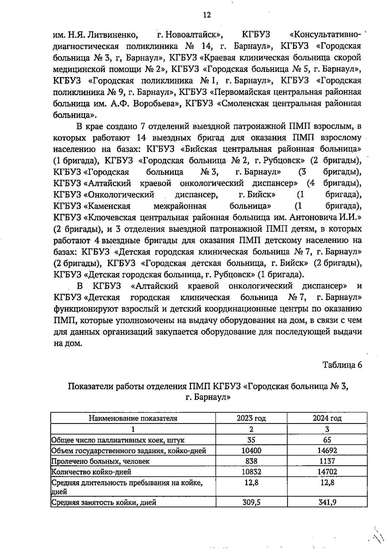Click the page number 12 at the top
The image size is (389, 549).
[x=206, y=15]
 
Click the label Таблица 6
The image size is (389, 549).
[x=342, y=365]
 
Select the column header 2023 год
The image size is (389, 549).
[x=251, y=418]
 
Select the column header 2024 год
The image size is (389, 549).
[x=327, y=418]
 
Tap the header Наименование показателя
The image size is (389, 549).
[x=133, y=418]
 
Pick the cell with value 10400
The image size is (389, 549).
[x=251, y=450]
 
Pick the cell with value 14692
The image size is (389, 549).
[x=327, y=450]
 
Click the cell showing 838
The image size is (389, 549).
[x=251, y=461]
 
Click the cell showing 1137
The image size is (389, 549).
[x=327, y=461]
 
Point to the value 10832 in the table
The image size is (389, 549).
[x=251, y=472]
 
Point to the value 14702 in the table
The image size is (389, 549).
[x=327, y=472]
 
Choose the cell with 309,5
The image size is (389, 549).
[x=251, y=502]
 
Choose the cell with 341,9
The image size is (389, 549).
[x=327, y=502]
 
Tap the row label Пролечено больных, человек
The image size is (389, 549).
[x=101, y=461]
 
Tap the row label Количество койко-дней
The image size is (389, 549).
[x=91, y=472]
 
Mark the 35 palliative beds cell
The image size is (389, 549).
[x=251, y=440]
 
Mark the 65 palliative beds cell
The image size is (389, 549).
[x=327, y=440]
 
